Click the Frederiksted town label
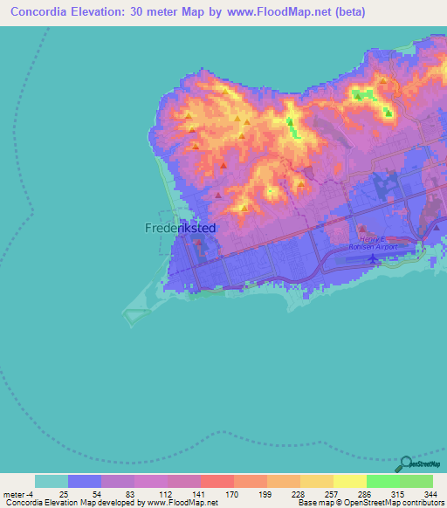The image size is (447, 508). pos(179,228)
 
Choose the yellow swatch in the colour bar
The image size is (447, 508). pos(349,481)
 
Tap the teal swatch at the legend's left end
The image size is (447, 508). pos(51,481)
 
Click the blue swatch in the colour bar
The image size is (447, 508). pos(84,481)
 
